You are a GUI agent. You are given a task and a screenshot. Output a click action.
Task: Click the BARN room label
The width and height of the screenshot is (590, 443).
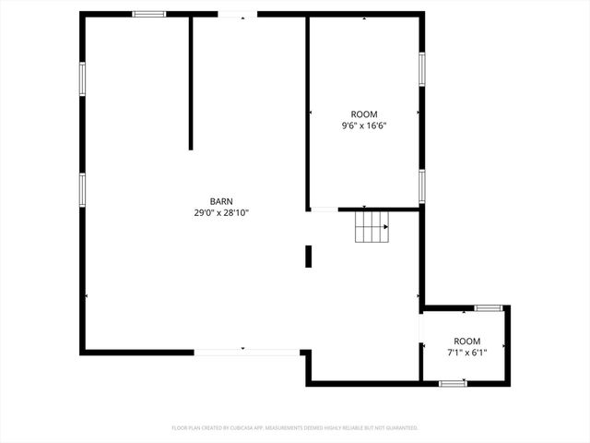[221, 201]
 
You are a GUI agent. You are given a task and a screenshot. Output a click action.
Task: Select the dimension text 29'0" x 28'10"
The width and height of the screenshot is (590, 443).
[221, 213]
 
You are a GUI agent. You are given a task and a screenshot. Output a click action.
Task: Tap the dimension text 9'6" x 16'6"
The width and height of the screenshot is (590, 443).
[363, 126]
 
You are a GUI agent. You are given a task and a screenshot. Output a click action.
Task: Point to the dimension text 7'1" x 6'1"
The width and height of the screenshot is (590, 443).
[466, 352]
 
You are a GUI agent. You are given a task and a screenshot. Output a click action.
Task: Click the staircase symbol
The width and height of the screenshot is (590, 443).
[372, 227]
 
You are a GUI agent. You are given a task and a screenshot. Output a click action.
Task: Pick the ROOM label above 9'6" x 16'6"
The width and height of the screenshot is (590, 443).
[363, 114]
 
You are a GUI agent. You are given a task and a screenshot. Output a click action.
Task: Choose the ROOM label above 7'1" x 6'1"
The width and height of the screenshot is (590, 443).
[466, 341]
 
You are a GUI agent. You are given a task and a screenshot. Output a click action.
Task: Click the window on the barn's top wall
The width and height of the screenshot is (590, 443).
[148, 14]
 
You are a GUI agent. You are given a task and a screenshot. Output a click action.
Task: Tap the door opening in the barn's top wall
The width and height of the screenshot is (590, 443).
[237, 14]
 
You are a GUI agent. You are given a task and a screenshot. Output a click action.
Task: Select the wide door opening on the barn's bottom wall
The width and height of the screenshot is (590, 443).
[246, 351]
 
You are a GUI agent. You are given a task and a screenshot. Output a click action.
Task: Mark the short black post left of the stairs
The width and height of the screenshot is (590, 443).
[308, 256]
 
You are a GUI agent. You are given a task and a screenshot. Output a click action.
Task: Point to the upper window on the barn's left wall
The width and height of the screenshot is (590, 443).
[82, 78]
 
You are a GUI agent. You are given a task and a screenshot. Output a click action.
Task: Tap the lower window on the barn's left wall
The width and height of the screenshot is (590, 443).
[82, 189]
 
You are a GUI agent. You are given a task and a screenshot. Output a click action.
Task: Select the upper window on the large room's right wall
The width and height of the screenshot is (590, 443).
[421, 69]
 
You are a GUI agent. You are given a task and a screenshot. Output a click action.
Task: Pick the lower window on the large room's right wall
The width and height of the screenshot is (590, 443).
[421, 186]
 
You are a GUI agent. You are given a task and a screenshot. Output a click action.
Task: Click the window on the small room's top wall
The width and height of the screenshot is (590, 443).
[488, 307]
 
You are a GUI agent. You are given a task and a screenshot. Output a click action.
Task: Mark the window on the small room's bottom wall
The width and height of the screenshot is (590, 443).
[453, 382]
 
